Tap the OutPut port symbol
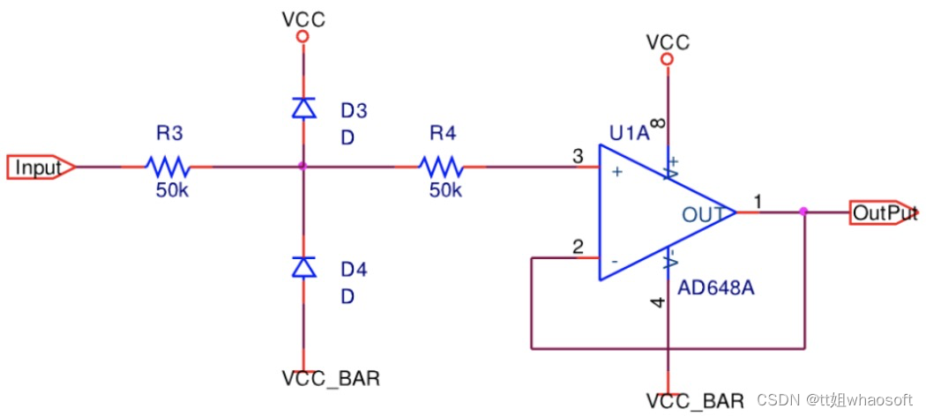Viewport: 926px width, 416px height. coord(884,212)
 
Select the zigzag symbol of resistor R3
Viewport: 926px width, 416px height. coord(168,167)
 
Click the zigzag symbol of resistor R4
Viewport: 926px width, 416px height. coord(441,167)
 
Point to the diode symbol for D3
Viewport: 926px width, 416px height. coord(304,108)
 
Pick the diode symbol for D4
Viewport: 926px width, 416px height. coord(304,267)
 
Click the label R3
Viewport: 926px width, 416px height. coord(170,133)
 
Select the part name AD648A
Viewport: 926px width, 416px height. coord(717,290)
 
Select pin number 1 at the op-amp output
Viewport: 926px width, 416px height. coord(758,202)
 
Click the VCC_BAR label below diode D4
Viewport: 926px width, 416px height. coord(331,378)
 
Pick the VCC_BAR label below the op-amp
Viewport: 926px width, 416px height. coord(695,401)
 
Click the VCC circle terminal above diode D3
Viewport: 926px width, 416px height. coord(303,37)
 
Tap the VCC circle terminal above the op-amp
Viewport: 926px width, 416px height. coord(668,59)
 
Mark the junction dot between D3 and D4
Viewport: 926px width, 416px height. coord(303,167)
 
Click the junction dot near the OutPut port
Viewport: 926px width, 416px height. coord(803,212)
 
